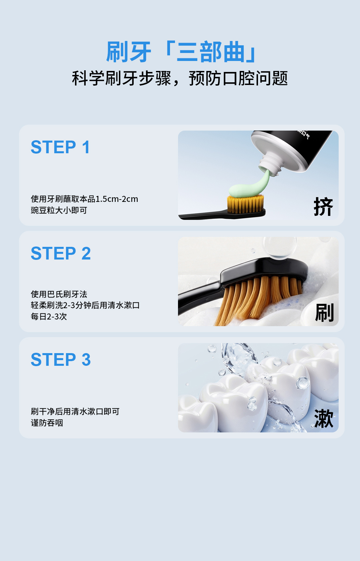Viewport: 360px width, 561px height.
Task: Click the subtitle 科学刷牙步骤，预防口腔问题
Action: click(180, 78)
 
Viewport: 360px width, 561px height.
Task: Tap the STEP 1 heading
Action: click(60, 147)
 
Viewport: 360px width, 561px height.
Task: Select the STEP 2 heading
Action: click(61, 253)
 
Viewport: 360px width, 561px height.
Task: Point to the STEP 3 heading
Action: click(61, 359)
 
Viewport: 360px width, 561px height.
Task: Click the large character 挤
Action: click(323, 207)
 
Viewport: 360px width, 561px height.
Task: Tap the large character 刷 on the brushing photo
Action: click(324, 312)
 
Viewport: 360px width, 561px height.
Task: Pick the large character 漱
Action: click(324, 419)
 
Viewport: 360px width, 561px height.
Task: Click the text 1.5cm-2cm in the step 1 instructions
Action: click(117, 199)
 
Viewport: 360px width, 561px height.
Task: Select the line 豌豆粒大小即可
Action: click(59, 210)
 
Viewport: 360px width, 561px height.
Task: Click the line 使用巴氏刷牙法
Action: click(59, 294)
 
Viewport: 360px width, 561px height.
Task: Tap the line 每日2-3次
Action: click(49, 316)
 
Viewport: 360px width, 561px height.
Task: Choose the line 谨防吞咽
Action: click(47, 423)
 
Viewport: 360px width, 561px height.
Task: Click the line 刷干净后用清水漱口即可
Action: click(75, 411)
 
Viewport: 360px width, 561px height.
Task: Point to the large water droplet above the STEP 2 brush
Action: click(280, 248)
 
